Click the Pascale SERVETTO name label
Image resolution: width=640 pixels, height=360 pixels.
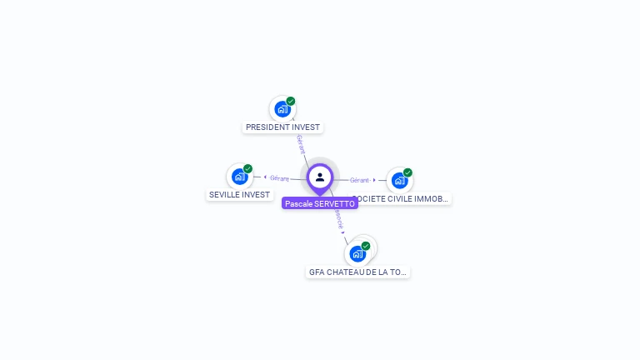point(320,203)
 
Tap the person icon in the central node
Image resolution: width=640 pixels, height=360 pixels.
point(320,177)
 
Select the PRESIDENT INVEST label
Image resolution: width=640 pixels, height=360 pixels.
point(282,127)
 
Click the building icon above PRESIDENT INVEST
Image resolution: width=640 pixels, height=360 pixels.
point(282,109)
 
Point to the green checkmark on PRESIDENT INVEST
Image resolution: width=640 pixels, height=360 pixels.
point(291,102)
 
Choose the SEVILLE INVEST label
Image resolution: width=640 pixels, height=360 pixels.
point(240,195)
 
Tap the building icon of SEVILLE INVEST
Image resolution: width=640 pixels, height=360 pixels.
point(239,177)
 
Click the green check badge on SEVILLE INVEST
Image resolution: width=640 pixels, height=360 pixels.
point(247,169)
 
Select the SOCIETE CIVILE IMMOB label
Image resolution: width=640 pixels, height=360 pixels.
point(402,199)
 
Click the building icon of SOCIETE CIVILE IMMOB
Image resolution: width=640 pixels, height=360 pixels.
point(399,180)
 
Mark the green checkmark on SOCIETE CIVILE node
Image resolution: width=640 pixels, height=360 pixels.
point(407,172)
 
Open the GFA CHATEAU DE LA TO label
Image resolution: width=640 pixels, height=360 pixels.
point(357,272)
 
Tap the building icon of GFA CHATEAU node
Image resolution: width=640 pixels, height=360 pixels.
point(357,253)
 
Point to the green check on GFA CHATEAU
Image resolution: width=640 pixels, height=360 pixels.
point(365,246)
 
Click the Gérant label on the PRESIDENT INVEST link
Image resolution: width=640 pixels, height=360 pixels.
point(300,143)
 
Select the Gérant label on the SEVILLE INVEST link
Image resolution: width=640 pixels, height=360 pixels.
point(279,178)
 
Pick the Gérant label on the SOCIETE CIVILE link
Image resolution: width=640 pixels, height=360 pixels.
point(360,180)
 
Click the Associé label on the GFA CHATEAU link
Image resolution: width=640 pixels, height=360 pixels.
point(338,219)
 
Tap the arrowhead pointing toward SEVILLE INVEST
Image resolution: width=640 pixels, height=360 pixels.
point(265,177)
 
